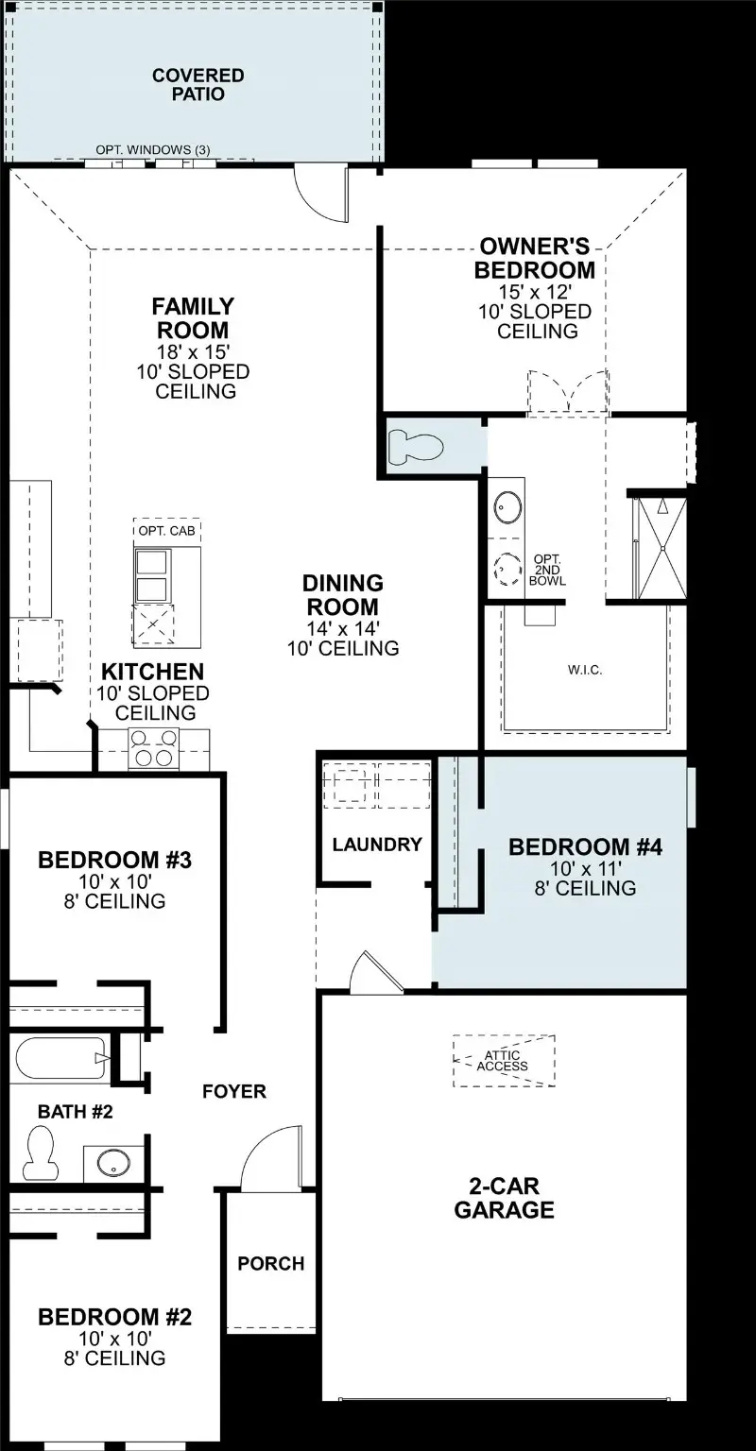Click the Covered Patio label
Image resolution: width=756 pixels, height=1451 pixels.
coord(198,84)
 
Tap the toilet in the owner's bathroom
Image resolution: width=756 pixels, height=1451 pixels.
coord(416,446)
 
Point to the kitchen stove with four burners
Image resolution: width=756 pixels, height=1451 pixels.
coord(153,748)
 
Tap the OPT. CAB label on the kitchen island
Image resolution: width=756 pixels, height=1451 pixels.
coord(167,531)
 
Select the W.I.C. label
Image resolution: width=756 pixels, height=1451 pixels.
coord(585,670)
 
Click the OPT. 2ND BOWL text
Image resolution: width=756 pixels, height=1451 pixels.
coord(549,570)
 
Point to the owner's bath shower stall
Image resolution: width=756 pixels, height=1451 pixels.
coord(659,548)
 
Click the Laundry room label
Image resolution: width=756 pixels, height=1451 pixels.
coord(376,845)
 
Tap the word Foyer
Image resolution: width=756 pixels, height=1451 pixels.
coord(234,1091)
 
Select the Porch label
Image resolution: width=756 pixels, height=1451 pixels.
coord(271,1263)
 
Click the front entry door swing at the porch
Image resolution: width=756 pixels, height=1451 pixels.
coord(271,1157)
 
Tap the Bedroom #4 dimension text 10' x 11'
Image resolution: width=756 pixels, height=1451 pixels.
coord(585,868)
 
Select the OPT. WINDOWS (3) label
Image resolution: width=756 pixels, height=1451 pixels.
coord(152,150)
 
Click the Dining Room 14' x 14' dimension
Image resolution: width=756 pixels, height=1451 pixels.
coord(343,628)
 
